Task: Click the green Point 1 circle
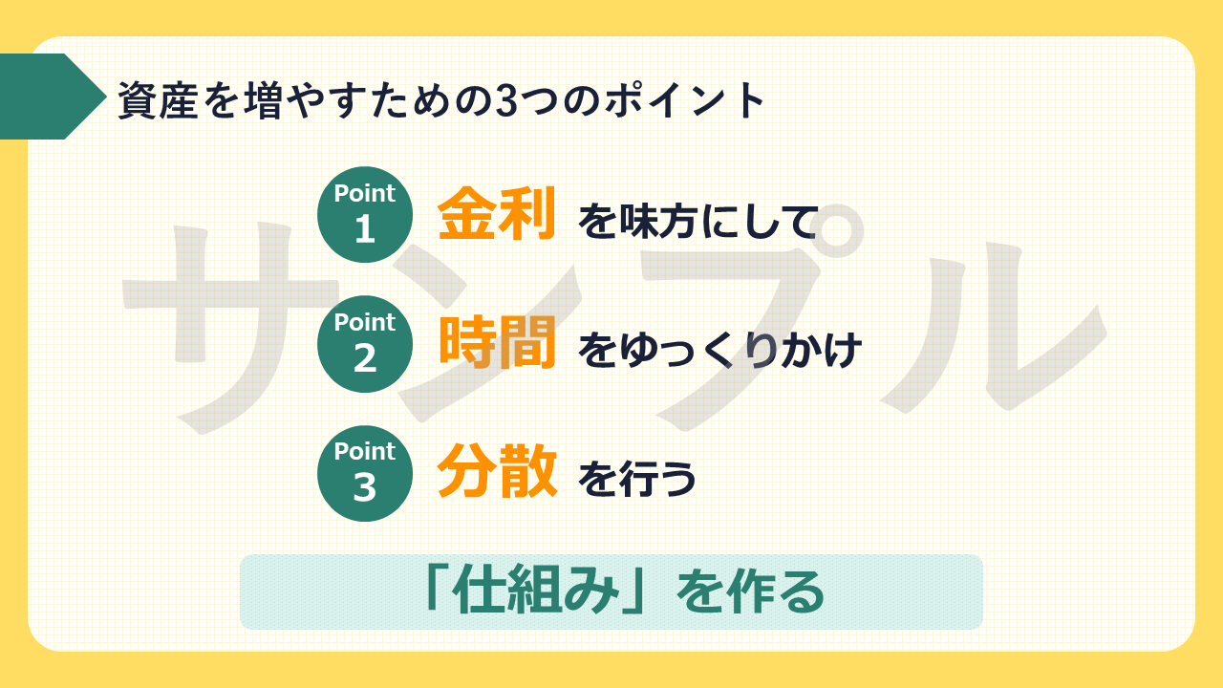point(365,215)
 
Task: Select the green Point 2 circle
point(365,344)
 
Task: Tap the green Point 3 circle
point(365,473)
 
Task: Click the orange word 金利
point(496,213)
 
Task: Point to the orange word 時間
point(498,342)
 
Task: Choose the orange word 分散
point(497,471)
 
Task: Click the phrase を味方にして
point(698,221)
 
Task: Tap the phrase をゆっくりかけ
point(720,350)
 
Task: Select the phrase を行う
point(637,479)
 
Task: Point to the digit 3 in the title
point(506,100)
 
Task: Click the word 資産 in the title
point(158,100)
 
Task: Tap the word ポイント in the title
point(685,100)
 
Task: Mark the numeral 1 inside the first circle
point(365,228)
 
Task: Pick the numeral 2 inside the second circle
point(365,358)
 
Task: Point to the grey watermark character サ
point(229,328)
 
